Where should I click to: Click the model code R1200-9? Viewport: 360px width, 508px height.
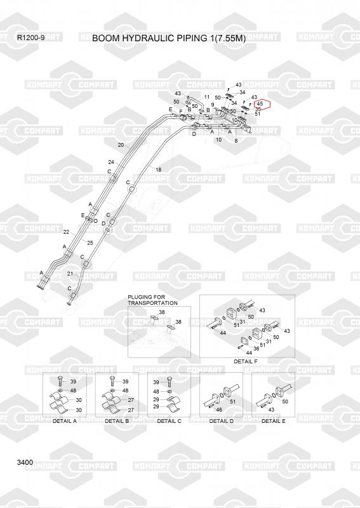pos(30,37)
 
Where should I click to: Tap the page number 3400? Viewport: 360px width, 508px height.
pos(25,462)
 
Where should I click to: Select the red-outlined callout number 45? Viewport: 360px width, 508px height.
pos(260,104)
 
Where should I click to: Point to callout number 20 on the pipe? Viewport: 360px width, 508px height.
pos(121,145)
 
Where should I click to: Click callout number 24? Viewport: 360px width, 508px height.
pos(111,162)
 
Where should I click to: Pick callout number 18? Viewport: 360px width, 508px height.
pos(158,170)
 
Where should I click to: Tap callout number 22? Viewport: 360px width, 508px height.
pos(66,232)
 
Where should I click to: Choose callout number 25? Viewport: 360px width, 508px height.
pos(90,243)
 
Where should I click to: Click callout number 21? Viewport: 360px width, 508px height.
pos(70,274)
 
